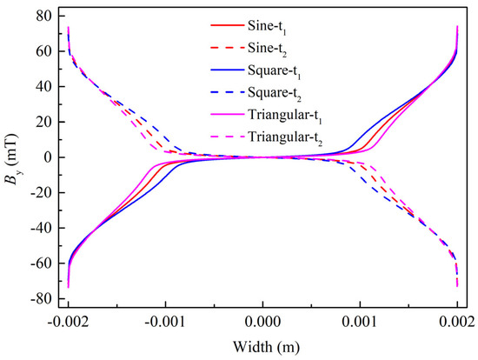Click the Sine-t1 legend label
point(267,27)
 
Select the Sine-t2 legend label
point(267,49)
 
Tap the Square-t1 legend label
point(275,71)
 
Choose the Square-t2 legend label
point(275,93)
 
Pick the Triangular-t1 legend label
point(285,116)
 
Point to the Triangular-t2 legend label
point(285,137)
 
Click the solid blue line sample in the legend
point(228,70)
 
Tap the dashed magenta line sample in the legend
point(228,137)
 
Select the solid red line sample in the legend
point(228,25)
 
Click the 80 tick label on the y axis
point(43,16)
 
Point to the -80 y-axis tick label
point(41,298)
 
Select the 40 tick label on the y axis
point(43,87)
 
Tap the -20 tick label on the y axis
point(41,192)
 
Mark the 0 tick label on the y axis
point(47,157)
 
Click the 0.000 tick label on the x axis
point(262,322)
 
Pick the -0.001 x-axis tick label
point(165,322)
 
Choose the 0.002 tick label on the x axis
point(457,322)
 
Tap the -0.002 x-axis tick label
point(69,322)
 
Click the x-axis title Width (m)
point(267,347)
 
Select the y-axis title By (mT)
point(12,158)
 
